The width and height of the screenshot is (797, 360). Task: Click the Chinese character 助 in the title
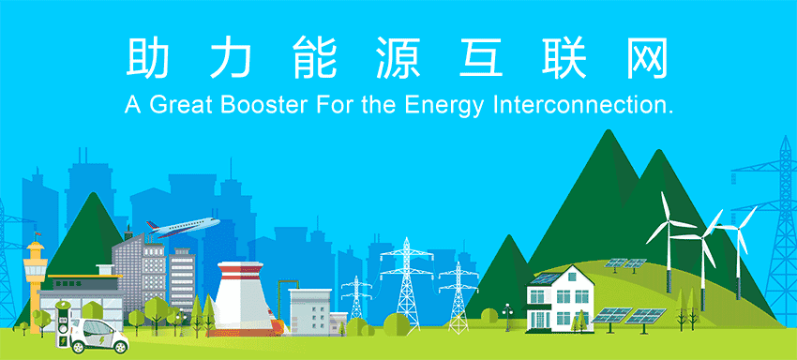tap(144, 57)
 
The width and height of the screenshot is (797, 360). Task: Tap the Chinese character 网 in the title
tap(647, 57)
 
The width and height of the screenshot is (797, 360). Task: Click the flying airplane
tap(183, 227)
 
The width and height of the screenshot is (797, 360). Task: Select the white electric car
tap(99, 336)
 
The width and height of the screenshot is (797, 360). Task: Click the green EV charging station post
tap(63, 323)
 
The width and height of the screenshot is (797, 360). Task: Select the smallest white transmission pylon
tap(356, 297)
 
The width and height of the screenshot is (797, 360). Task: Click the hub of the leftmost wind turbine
tap(668, 221)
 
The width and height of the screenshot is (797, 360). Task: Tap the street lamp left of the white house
tap(507, 317)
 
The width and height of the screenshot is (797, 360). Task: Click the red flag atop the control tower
tap(38, 233)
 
